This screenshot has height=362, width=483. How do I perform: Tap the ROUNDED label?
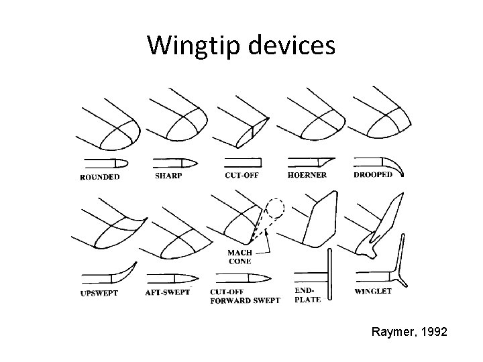coord(100,177)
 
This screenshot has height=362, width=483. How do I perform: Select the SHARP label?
coord(169,175)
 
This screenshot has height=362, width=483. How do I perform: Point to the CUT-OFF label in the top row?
coord(241,175)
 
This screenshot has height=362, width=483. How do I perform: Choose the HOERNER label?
coord(308,175)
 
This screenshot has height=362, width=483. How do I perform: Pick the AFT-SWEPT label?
coord(168,292)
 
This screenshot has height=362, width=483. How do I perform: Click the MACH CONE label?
coord(239,257)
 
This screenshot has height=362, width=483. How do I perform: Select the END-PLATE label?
coord(307,295)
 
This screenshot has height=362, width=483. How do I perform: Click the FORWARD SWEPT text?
coord(245,301)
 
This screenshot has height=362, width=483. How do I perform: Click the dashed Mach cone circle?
coord(274,208)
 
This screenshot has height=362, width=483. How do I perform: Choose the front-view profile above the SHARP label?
coord(175,163)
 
